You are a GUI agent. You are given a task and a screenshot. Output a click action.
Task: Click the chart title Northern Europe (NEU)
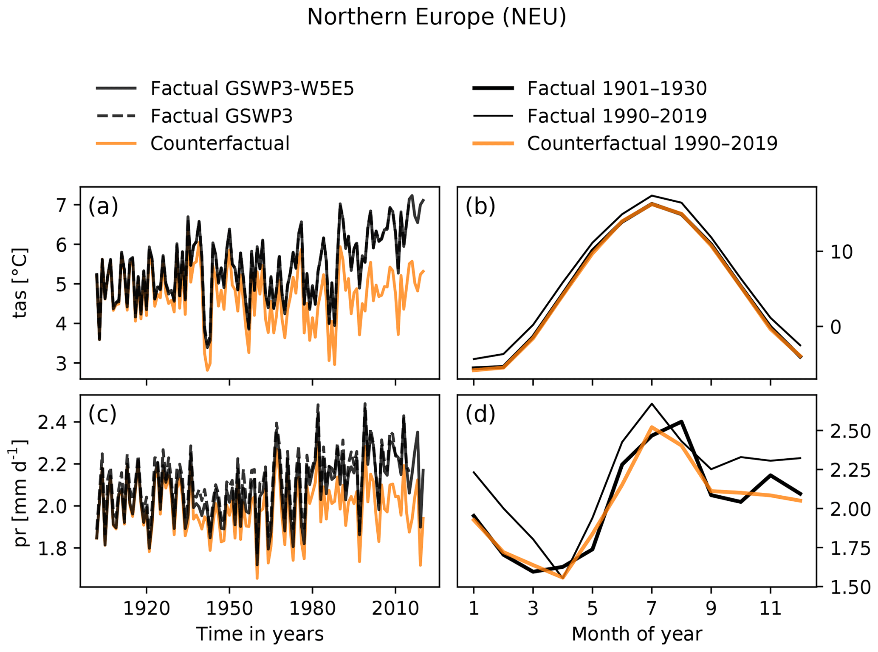436,18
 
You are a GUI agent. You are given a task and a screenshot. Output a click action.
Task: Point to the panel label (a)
103,207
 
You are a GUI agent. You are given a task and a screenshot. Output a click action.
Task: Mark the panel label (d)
480,415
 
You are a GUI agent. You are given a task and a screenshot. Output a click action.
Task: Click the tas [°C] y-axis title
20,283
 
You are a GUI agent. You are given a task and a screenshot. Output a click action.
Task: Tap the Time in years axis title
260,634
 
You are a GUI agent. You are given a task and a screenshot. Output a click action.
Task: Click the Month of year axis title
637,634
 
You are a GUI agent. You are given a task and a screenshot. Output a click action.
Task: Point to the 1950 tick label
229,609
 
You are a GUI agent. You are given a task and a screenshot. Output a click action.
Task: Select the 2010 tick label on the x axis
395,609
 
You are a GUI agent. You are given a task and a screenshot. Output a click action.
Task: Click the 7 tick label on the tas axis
62,206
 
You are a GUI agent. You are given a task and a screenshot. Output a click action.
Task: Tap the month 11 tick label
770,609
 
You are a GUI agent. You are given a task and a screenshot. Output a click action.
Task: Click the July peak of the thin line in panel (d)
652,404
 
